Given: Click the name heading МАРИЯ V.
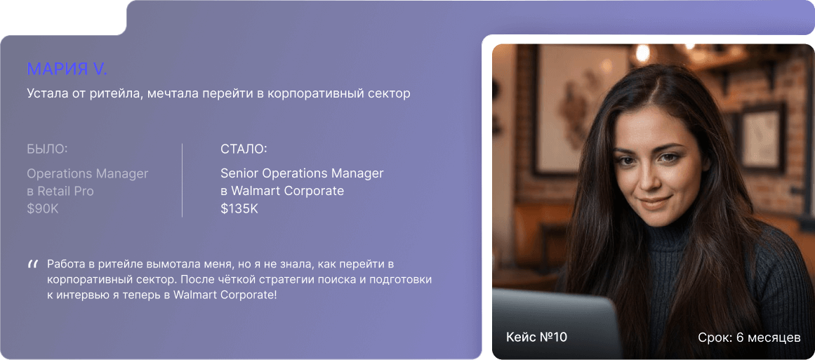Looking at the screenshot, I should pyautogui.click(x=67, y=69).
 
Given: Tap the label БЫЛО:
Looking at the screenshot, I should pyautogui.click(x=47, y=149).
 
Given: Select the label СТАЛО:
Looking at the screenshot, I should pyautogui.click(x=244, y=149).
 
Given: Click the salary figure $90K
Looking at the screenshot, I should pyautogui.click(x=43, y=208).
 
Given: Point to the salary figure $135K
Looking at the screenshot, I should pyautogui.click(x=239, y=208).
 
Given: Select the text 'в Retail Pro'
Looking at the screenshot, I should pyautogui.click(x=60, y=191).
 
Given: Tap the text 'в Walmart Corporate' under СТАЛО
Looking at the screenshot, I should pyautogui.click(x=282, y=191).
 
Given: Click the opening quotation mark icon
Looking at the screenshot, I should pyautogui.click(x=32, y=265).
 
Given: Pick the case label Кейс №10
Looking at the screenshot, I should pyautogui.click(x=536, y=338).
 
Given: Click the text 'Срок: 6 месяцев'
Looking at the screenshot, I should pyautogui.click(x=749, y=338).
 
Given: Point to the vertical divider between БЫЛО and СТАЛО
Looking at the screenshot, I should pyautogui.click(x=182, y=180).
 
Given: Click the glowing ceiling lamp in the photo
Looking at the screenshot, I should pyautogui.click(x=642, y=53).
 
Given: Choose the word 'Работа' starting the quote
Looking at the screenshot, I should pyautogui.click(x=67, y=265).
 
